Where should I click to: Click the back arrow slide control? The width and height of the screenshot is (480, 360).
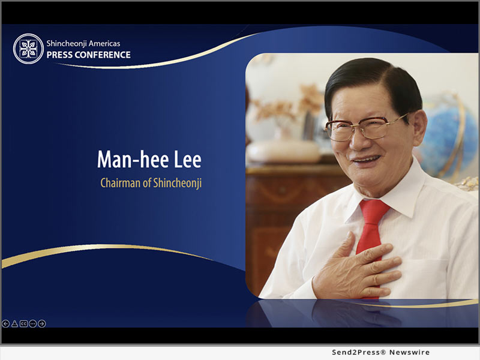(5, 323)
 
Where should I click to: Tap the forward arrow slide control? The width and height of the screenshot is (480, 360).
(42, 323)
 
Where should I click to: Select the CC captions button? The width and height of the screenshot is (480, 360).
(23, 323)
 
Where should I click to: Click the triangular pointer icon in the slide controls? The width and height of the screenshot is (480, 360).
(14, 323)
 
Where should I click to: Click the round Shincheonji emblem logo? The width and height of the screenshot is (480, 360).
(28, 49)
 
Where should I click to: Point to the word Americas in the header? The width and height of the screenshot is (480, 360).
(104, 43)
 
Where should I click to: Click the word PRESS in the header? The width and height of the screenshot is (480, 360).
(59, 55)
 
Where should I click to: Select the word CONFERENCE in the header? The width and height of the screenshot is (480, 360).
(103, 55)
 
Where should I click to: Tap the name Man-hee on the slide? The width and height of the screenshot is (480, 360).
(133, 159)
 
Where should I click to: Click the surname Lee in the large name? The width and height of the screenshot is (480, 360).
(188, 159)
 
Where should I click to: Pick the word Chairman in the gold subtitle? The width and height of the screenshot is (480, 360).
(121, 183)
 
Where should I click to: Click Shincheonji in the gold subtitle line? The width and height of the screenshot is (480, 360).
(177, 184)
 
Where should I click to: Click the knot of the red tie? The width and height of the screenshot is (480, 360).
(374, 212)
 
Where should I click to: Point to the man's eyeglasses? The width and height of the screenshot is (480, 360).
(366, 127)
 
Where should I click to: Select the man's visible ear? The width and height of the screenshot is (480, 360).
(419, 128)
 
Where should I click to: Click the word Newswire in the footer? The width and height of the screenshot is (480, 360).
(409, 352)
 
